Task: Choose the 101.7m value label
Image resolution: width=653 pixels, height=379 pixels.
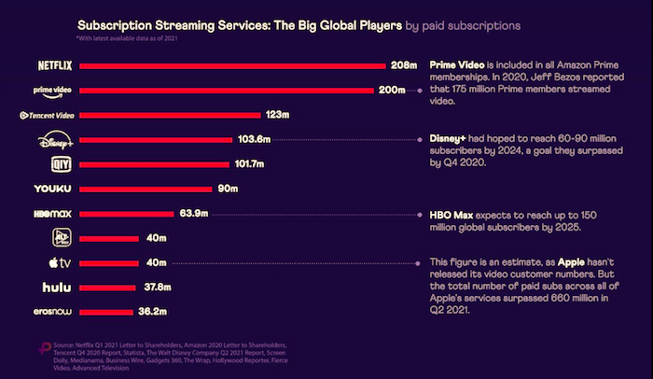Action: (x=248, y=164)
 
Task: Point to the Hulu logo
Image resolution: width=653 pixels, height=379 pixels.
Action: (x=55, y=287)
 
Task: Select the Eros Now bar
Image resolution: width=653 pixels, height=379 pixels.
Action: (x=106, y=311)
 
